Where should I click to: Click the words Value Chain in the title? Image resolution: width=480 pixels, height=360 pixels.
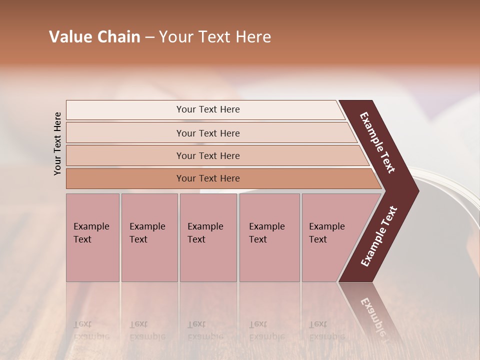94,37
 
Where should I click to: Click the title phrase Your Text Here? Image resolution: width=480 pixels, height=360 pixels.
215,37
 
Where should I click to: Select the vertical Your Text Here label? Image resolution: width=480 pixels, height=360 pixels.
57,143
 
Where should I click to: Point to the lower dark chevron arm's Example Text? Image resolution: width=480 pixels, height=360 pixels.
379,236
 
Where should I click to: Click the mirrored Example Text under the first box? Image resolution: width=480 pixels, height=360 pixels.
91,330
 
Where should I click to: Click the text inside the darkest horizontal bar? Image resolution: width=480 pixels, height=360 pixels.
208,178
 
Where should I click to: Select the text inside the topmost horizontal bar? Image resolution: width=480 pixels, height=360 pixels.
208,109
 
